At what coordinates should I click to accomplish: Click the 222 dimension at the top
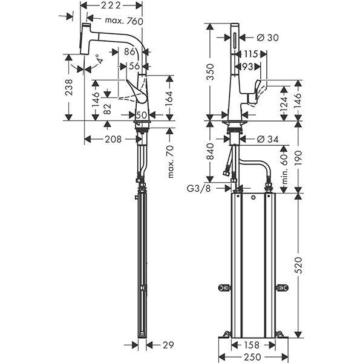coord(112,5)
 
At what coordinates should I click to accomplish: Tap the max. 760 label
coord(124,21)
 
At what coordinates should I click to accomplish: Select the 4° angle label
coord(97,60)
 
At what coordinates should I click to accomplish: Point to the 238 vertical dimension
coord(69,90)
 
